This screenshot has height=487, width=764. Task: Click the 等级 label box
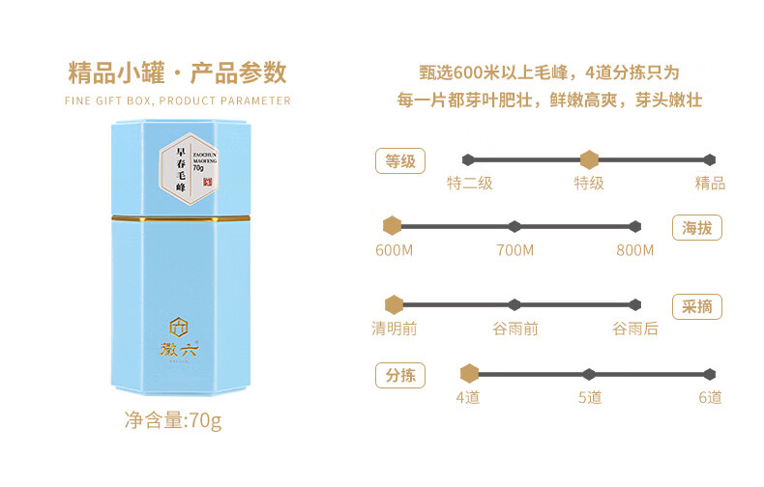tap(400, 161)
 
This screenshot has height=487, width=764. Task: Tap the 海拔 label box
tap(697, 228)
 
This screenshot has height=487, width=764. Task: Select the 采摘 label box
tap(697, 306)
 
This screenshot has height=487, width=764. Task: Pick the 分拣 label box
tap(400, 375)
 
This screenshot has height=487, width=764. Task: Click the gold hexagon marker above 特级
tap(588, 159)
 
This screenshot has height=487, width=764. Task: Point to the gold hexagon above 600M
tap(392, 226)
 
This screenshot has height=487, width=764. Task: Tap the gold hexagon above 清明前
tap(394, 305)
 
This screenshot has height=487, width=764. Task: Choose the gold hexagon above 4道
tap(469, 374)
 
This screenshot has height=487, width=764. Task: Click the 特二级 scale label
tap(470, 183)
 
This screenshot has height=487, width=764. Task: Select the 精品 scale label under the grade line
tap(710, 183)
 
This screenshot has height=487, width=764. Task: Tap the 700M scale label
tap(514, 250)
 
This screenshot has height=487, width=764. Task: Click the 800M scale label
tap(634, 250)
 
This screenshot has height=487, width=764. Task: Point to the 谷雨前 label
tap(515, 329)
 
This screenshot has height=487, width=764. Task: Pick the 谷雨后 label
tap(635, 329)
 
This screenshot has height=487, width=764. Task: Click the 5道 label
tap(590, 397)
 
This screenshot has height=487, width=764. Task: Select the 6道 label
tap(710, 397)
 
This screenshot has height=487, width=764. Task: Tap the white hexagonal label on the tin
tap(190, 170)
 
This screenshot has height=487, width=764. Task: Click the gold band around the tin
tap(181, 219)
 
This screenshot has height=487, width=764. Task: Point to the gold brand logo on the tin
tap(180, 339)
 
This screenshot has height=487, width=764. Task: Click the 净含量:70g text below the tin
tap(173, 421)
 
